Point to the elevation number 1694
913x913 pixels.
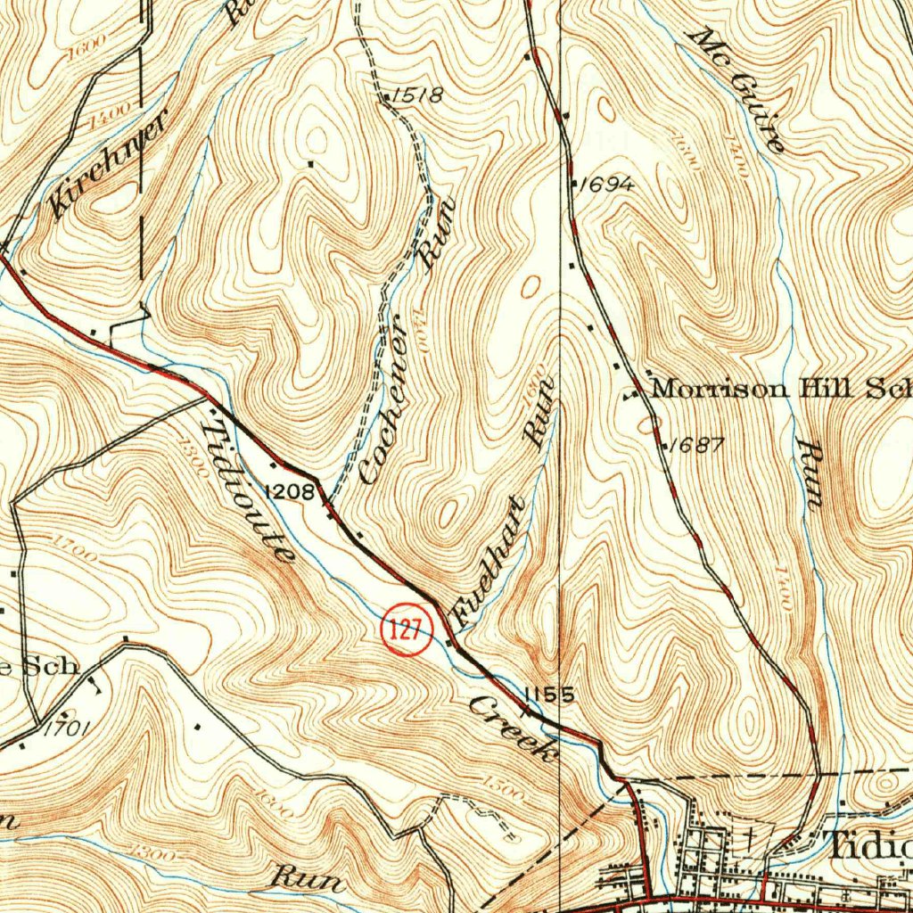606,185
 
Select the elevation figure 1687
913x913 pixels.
696,445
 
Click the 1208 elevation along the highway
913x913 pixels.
290,491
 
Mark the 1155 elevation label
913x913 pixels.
548,695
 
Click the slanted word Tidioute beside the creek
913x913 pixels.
249,490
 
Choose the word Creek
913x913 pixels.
511,728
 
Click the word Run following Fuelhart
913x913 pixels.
540,410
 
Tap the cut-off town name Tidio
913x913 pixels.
869,845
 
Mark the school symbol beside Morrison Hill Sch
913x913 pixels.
634,392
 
